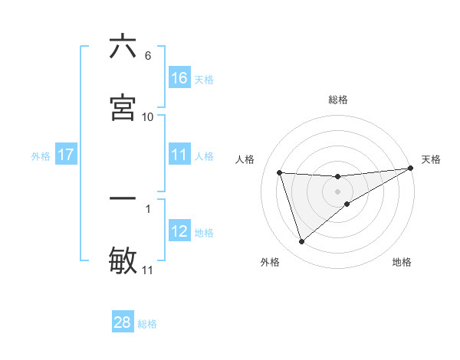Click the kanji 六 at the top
tap(123, 47)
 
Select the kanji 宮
tap(123, 106)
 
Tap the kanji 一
tap(123, 198)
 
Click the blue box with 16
tap(179, 77)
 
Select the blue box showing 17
tap(66, 155)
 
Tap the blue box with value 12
tap(179, 231)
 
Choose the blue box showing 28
tap(123, 322)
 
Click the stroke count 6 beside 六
tap(148, 56)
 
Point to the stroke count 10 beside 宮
tap(148, 116)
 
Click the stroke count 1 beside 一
tap(148, 208)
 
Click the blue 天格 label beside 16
tap(204, 79)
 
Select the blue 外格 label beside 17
tap(41, 156)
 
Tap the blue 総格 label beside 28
tap(147, 324)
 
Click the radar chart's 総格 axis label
tap(338, 100)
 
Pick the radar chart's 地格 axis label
tap(402, 262)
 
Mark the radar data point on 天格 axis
tap(411, 169)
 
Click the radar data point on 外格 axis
tap(301, 242)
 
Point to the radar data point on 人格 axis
tap(280, 172)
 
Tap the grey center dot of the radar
tap(338, 191)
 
